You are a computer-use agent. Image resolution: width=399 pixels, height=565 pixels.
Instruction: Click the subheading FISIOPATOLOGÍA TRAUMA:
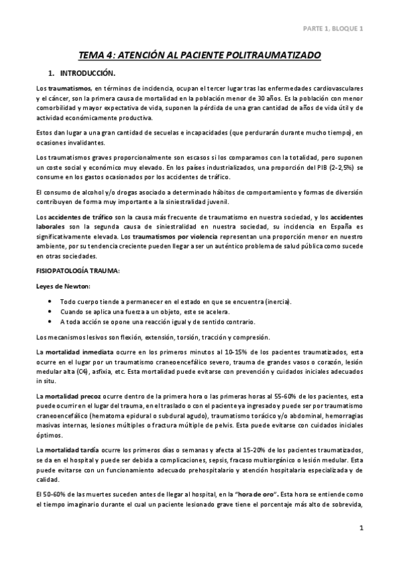tap(77, 272)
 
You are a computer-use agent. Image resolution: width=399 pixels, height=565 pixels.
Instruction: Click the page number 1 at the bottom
tap(360, 528)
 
